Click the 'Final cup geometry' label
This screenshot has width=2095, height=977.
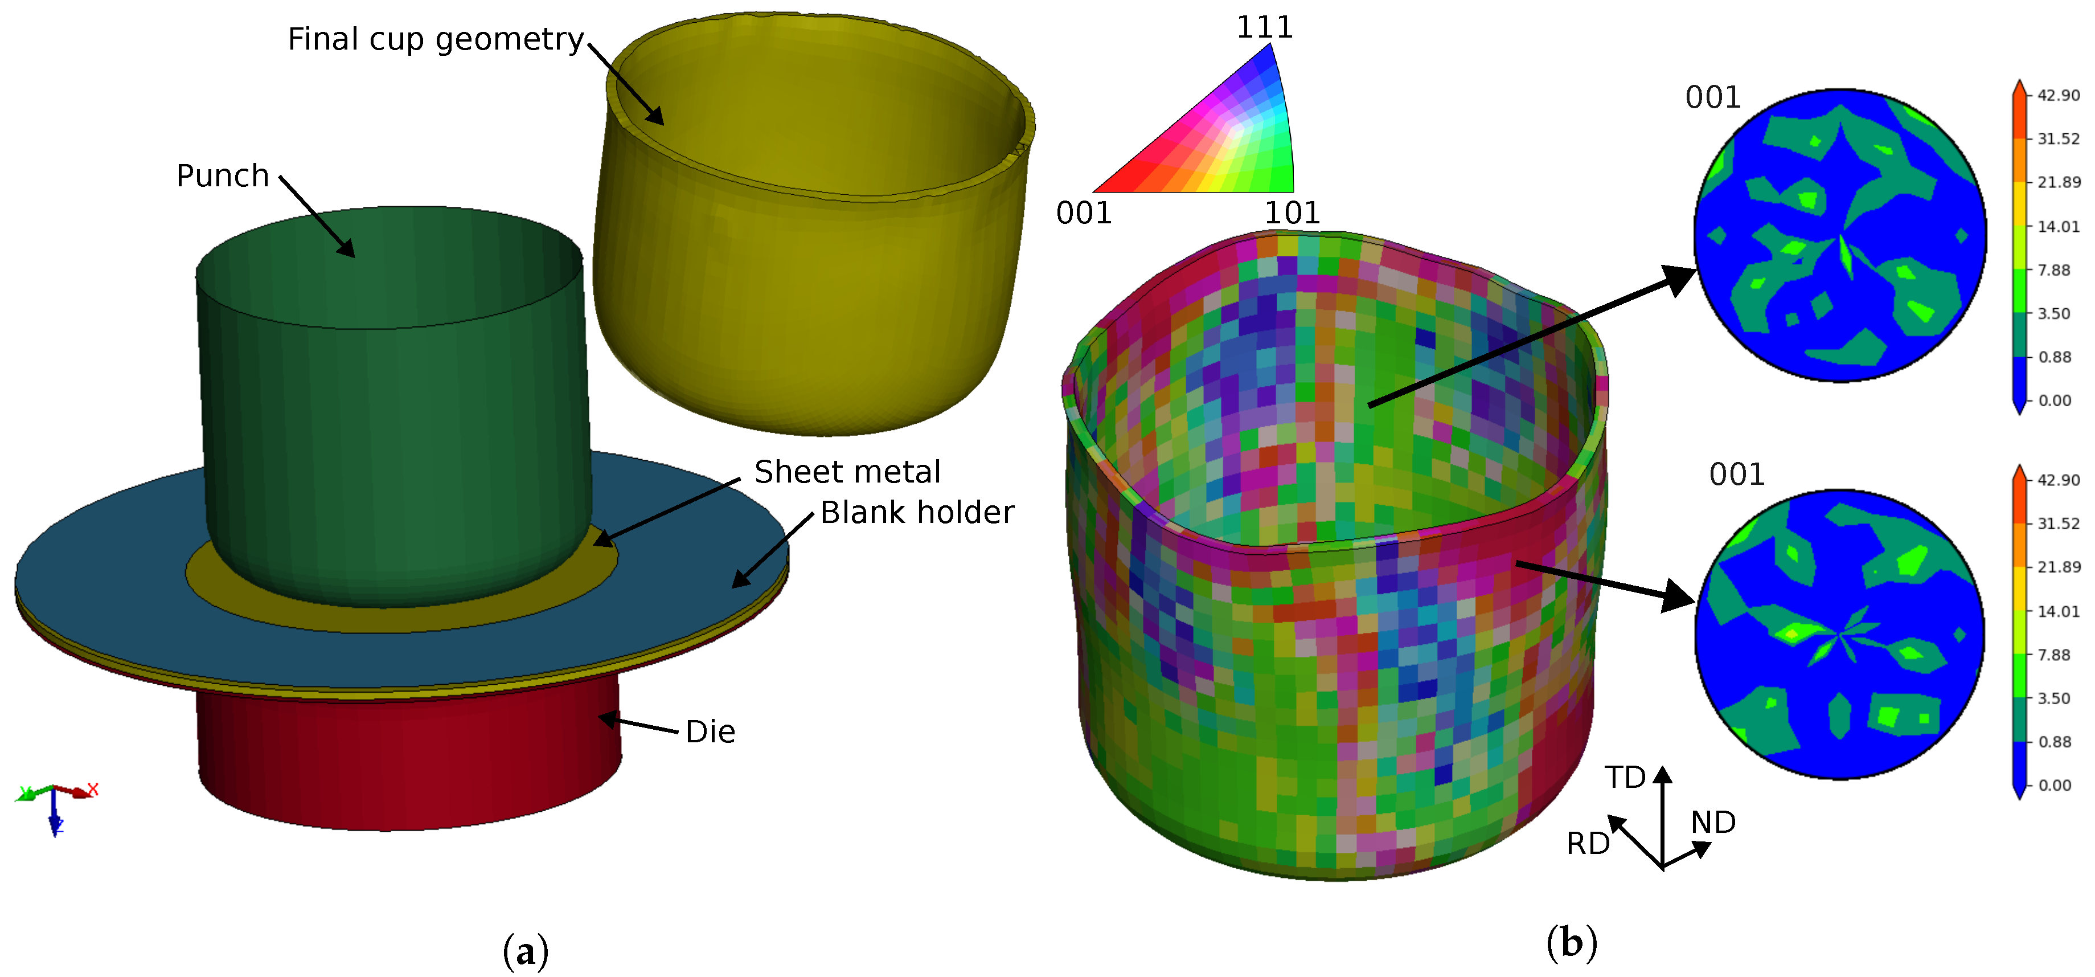tap(436, 40)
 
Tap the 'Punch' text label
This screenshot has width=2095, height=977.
tap(223, 175)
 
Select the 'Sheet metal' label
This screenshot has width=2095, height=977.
tap(847, 472)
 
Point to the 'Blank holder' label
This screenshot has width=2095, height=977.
tap(917, 513)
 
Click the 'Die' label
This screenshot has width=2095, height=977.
tap(710, 732)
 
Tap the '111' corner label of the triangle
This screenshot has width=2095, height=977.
tap(1265, 28)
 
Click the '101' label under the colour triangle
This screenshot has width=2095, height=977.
tap(1292, 213)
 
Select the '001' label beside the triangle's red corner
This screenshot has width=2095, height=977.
tap(1083, 213)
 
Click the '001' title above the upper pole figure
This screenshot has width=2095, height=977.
tap(1713, 97)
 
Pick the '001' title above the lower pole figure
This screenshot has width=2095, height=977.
tap(1736, 475)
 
